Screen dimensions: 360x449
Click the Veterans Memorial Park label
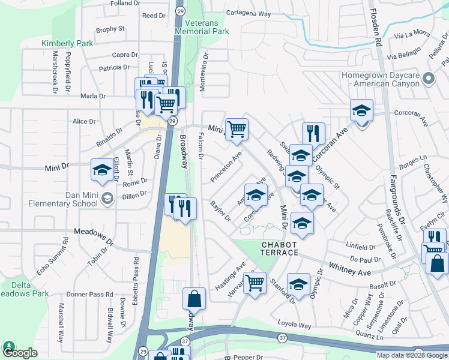[202, 26]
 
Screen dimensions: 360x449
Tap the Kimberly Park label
[67, 43]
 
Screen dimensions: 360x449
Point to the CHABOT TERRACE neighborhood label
[280, 248]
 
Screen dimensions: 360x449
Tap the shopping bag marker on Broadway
[194, 299]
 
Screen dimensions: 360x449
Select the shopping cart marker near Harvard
[256, 282]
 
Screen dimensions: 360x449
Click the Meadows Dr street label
[94, 237]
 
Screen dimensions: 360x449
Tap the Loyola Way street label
[294, 325]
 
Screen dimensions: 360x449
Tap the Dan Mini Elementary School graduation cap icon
[107, 199]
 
